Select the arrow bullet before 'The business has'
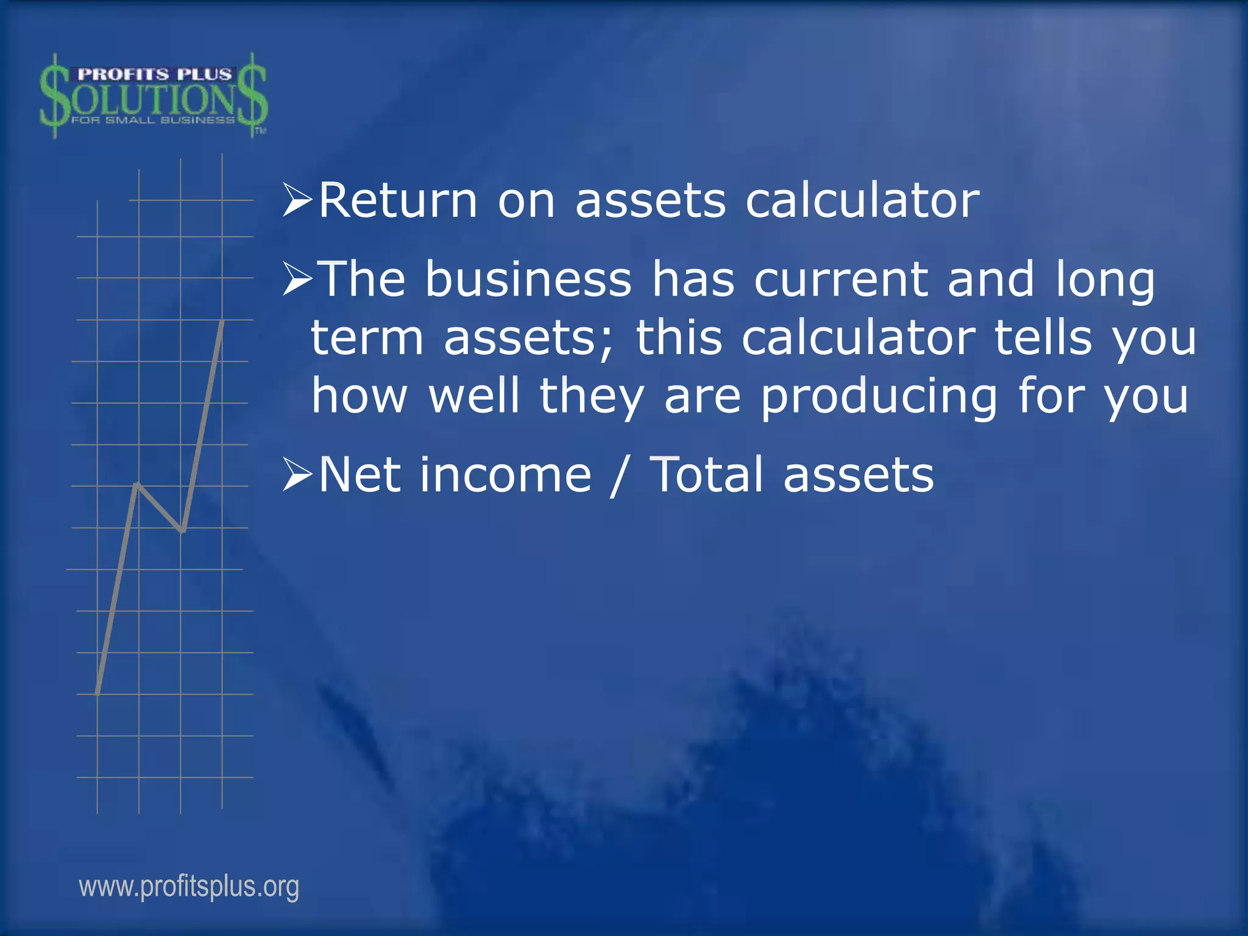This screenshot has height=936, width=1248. pyautogui.click(x=297, y=278)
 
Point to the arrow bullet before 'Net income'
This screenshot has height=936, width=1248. pyautogui.click(x=297, y=475)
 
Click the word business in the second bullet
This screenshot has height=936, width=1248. pyautogui.click(x=528, y=279)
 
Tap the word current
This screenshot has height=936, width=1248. pyautogui.click(x=841, y=279)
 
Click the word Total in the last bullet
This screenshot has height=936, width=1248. pyautogui.click(x=706, y=475)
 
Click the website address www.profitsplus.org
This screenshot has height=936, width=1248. pyautogui.click(x=189, y=887)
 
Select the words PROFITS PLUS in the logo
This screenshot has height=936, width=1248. pyautogui.click(x=154, y=74)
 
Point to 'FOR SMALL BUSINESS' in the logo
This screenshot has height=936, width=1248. pyautogui.click(x=152, y=120)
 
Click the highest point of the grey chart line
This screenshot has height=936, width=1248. pyautogui.click(x=222, y=321)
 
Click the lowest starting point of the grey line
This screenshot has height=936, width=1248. pyautogui.click(x=98, y=692)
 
